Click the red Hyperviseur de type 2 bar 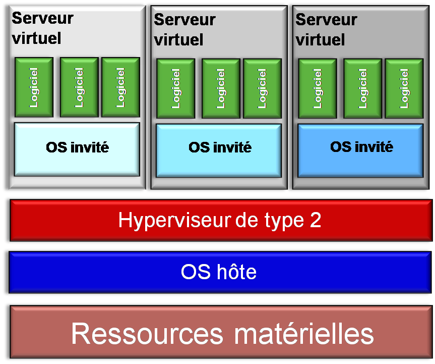tap(220, 220)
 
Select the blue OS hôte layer tap(220, 272)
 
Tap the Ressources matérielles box tap(220, 333)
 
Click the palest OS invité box tap(77, 149)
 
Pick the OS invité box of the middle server tap(219, 150)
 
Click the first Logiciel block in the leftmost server tap(34, 87)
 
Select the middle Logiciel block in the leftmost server tap(79, 87)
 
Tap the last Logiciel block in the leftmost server tap(120, 87)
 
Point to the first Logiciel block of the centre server tap(175, 89)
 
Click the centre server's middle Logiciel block tap(221, 89)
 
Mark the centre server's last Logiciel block tap(262, 89)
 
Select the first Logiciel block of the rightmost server tap(318, 89)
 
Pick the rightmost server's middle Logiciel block tap(362, 89)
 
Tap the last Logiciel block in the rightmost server tap(404, 89)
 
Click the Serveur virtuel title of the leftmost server tap(42, 28)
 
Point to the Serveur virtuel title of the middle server tap(184, 29)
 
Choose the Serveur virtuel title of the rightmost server tap(326, 29)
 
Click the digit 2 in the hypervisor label tap(315, 220)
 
